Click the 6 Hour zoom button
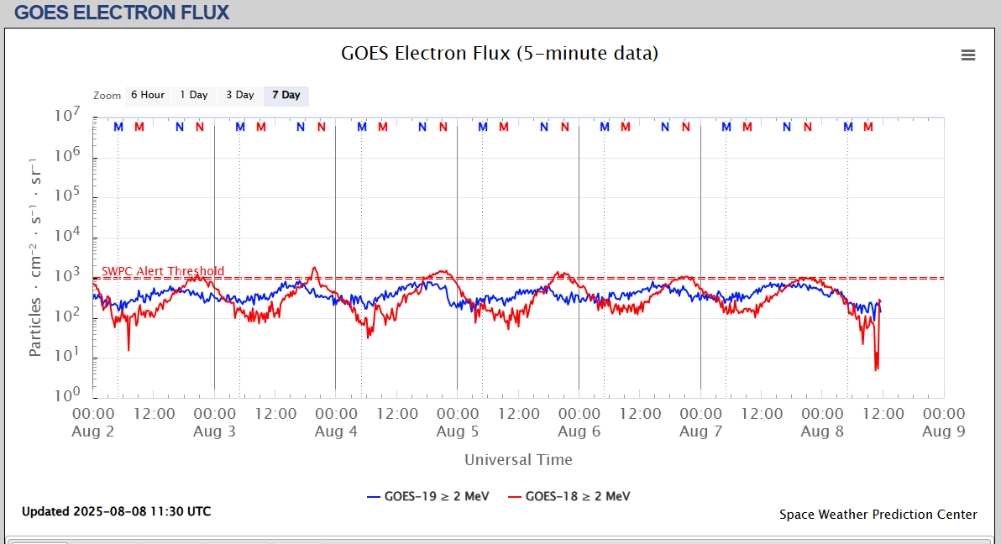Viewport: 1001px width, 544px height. click(147, 95)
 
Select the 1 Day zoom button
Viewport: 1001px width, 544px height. click(194, 95)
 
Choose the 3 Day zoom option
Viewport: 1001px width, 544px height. click(239, 95)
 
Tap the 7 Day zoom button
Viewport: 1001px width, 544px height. click(286, 95)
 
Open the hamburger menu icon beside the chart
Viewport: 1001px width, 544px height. click(968, 55)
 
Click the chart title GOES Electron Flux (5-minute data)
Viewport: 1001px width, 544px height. click(500, 53)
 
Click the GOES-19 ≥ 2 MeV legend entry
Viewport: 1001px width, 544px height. click(428, 496)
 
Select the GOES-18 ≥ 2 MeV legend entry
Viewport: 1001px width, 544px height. click(569, 496)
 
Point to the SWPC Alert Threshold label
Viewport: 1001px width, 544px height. click(163, 271)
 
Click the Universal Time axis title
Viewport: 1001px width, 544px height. click(518, 459)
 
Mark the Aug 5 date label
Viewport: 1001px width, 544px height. click(457, 432)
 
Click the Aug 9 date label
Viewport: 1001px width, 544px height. click(943, 432)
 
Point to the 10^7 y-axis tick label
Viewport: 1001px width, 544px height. click(66, 117)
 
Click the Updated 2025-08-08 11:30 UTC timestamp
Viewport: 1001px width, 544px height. click(116, 511)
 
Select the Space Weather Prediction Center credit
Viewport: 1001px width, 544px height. click(878, 515)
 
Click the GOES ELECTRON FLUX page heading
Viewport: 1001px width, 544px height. click(122, 13)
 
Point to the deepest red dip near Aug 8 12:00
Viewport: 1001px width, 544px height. click(876, 369)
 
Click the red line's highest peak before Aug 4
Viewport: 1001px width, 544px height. click(315, 268)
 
